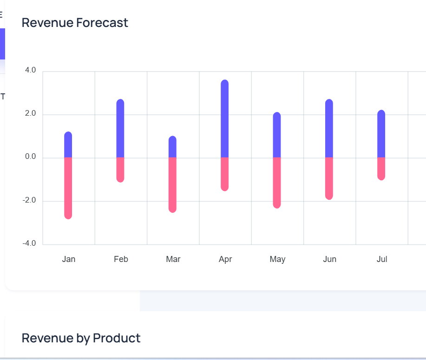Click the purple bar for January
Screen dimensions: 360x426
point(68,145)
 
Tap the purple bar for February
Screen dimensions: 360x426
point(120,129)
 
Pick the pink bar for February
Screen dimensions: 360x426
point(120,170)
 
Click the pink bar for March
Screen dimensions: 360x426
point(172,185)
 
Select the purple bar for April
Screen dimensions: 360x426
point(225,119)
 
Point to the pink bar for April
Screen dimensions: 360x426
point(225,174)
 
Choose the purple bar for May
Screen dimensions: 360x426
point(277,135)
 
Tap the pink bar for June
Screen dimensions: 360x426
point(329,178)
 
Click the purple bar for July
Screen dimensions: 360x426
point(381,134)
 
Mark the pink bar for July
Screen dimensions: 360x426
point(381,169)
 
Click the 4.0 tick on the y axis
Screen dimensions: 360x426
point(30,70)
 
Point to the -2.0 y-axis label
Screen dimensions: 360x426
point(29,200)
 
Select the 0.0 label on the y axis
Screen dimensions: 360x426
point(30,157)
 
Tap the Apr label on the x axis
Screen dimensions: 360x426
point(225,259)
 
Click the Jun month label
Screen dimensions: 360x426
point(329,259)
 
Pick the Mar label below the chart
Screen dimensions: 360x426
point(173,259)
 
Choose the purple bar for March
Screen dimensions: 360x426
point(172,147)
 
